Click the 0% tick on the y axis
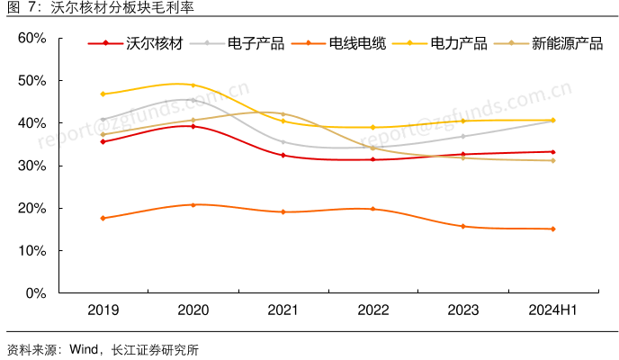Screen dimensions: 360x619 pyautogui.click(x=35, y=293)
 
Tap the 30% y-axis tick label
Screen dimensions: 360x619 pyautogui.click(x=31, y=166)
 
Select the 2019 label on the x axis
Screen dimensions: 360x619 pyautogui.click(x=103, y=310)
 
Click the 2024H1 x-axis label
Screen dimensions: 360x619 pyautogui.click(x=552, y=310)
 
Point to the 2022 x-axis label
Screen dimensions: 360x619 pyautogui.click(x=372, y=310)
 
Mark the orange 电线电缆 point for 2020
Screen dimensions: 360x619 pyautogui.click(x=193, y=204)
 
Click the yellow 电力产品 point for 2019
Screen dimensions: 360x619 pyautogui.click(x=103, y=94)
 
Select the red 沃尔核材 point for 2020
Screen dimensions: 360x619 pyautogui.click(x=193, y=126)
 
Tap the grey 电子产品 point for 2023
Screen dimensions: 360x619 pyautogui.click(x=462, y=136)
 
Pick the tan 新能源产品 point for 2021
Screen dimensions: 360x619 pyautogui.click(x=283, y=114)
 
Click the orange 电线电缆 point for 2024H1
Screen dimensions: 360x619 pyautogui.click(x=552, y=229)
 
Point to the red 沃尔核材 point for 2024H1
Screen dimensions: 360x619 pyautogui.click(x=552, y=152)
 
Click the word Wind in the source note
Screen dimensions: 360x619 pyautogui.click(x=85, y=350)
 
